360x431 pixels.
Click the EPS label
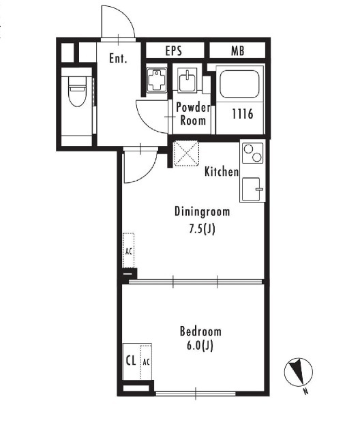[x=174, y=51]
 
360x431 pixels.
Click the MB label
[x=238, y=51]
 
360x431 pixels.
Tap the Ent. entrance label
[x=118, y=58]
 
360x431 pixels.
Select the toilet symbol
[x=77, y=91]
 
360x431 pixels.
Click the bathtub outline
[x=239, y=84]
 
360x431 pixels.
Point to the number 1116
[x=242, y=114]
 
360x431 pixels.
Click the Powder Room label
[x=193, y=114]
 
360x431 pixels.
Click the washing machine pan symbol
[x=157, y=80]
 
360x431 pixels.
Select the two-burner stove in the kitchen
[x=252, y=153]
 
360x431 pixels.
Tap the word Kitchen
[x=222, y=172]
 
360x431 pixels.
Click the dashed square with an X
[x=185, y=153]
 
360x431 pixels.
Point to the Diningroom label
[x=202, y=212]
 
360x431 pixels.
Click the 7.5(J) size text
[x=202, y=229]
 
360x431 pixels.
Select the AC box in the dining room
[x=129, y=251]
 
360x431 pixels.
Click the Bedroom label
[x=200, y=331]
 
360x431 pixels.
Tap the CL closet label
[x=131, y=361]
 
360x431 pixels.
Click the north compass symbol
[x=299, y=372]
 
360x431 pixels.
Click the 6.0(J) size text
[x=200, y=346]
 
